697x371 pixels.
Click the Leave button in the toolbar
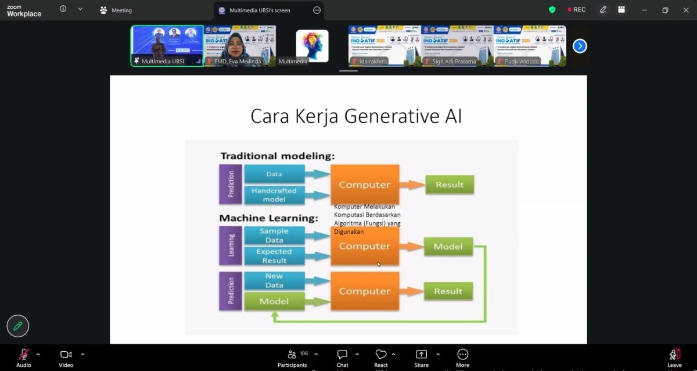(x=674, y=355)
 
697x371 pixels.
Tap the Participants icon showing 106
(x=292, y=355)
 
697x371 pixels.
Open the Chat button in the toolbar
(x=342, y=355)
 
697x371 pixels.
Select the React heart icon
(x=381, y=355)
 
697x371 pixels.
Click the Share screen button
(x=421, y=355)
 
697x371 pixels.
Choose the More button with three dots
(x=462, y=355)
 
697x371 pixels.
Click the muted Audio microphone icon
(x=24, y=355)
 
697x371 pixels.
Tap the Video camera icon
(x=66, y=355)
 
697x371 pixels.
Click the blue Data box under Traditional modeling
(x=274, y=174)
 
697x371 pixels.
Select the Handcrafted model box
(x=274, y=195)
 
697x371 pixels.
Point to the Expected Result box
(x=274, y=256)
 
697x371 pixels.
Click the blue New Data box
(x=274, y=280)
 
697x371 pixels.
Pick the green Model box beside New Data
(x=274, y=301)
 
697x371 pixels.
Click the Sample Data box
(x=274, y=236)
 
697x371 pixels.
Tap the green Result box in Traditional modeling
(x=450, y=185)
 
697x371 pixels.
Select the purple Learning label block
(x=231, y=245)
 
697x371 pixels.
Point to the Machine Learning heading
(x=268, y=218)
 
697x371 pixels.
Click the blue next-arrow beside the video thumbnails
(x=580, y=46)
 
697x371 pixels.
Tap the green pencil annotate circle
(x=18, y=326)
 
